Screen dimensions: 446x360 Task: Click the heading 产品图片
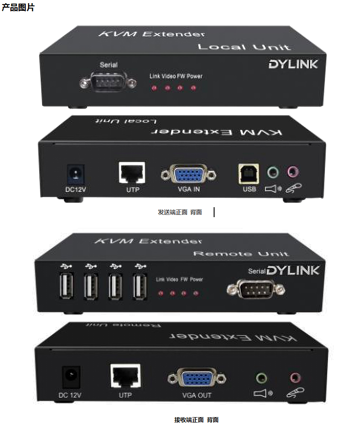(x=18, y=8)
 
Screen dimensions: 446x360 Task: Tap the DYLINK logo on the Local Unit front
(x=293, y=64)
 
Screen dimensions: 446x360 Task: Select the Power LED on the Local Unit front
(x=194, y=88)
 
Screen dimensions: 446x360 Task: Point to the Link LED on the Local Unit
(x=154, y=88)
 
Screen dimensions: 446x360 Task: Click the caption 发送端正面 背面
(x=180, y=212)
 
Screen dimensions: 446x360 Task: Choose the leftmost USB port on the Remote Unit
(x=66, y=286)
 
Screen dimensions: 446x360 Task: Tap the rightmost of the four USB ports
(x=140, y=286)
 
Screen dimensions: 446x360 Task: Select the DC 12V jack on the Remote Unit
(x=71, y=376)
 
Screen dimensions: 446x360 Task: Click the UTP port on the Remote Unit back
(x=125, y=376)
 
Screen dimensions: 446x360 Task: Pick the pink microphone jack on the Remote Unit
(x=296, y=377)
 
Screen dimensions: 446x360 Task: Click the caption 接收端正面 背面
(x=196, y=420)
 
